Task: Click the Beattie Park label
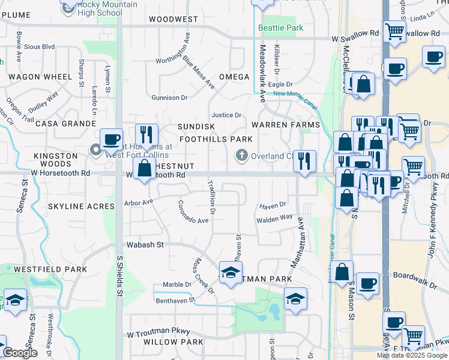coord(280,28)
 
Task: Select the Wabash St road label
coord(145,245)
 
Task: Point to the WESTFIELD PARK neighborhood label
coord(50,270)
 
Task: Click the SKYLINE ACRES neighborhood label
coord(81,206)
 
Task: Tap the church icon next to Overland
coord(243,156)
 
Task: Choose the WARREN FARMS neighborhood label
coord(285,125)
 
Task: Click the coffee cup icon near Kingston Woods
coord(111,139)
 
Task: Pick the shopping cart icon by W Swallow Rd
coord(394,31)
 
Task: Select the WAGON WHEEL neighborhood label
coord(40,77)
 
